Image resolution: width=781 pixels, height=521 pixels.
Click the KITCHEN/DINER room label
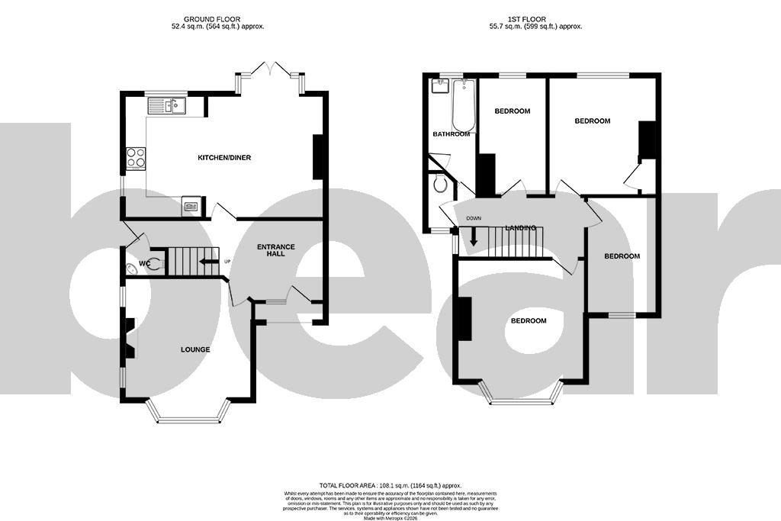[x=224, y=158]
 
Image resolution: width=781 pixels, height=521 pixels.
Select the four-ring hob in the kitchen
[x=136, y=158]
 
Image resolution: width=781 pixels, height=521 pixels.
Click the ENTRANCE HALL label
[x=275, y=250]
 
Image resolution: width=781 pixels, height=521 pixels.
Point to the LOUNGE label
[x=195, y=349]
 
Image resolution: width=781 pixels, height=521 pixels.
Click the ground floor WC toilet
[x=154, y=265]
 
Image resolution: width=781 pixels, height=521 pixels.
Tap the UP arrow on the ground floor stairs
[x=207, y=263]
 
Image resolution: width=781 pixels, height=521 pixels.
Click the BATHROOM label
[x=451, y=134]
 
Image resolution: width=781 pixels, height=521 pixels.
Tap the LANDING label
[x=521, y=228]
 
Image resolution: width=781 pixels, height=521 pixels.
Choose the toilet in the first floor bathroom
[x=439, y=183]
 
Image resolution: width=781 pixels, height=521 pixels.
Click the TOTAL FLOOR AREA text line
[x=390, y=485]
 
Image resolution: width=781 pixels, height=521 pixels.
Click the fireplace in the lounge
[x=130, y=339]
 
